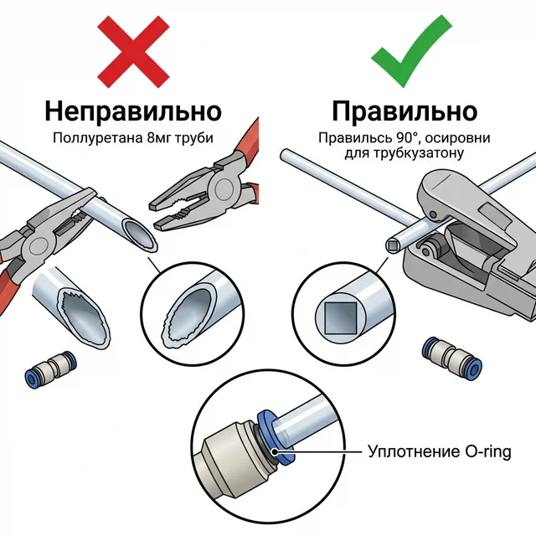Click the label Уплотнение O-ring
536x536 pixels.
click(x=438, y=452)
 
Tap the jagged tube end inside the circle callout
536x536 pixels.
click(x=190, y=318)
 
